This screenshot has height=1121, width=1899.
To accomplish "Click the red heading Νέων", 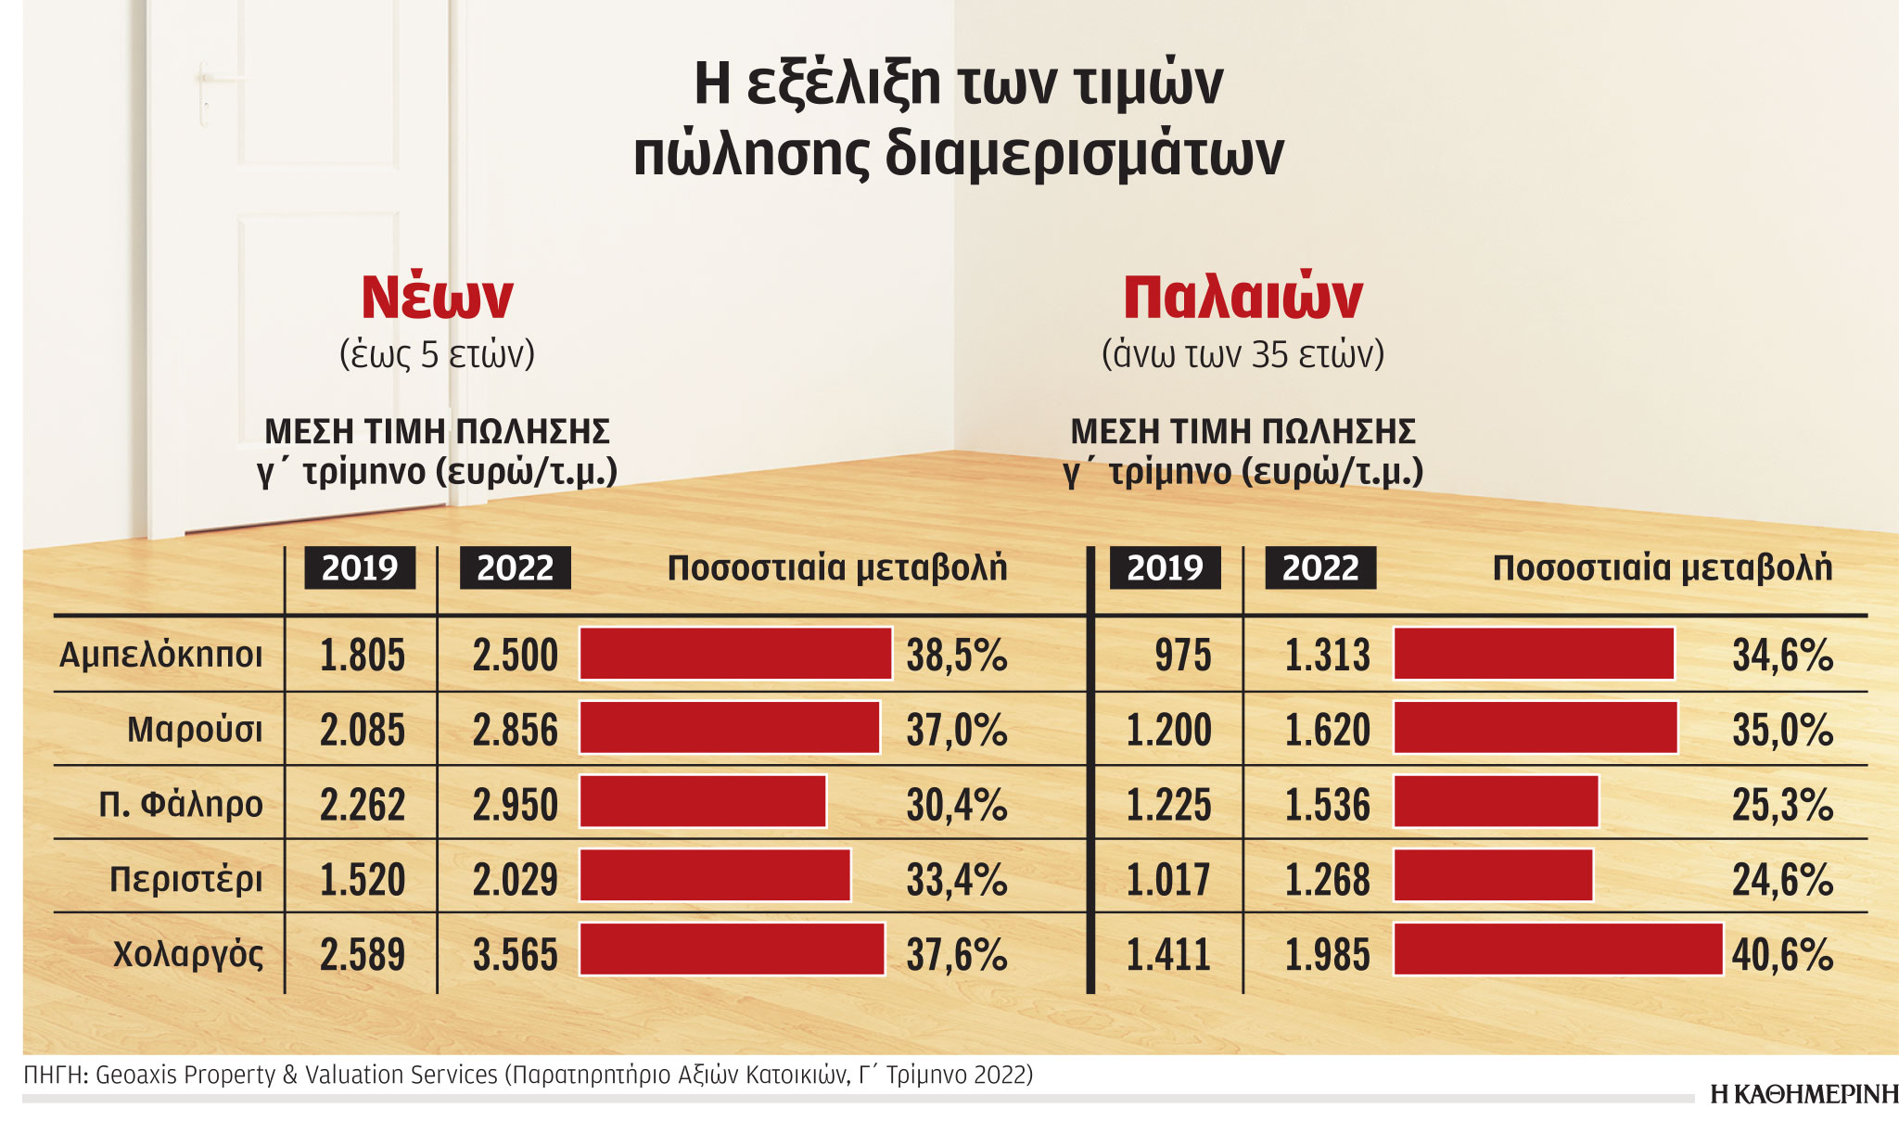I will click(x=437, y=297).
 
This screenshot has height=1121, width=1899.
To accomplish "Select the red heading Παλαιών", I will click(x=1243, y=297).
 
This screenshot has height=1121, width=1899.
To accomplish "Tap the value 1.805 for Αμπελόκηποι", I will click(x=362, y=656).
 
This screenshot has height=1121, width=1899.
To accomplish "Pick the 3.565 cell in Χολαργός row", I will click(x=515, y=955).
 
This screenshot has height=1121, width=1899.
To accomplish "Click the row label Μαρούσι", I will click(x=195, y=730).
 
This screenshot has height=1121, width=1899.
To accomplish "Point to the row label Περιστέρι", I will click(x=185, y=879).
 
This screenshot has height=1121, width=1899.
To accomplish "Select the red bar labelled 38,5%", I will click(x=735, y=654).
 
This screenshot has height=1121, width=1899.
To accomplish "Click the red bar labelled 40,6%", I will click(x=1558, y=949).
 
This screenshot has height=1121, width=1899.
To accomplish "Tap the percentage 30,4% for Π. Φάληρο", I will click(x=956, y=805).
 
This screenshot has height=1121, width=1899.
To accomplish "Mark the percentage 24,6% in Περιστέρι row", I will click(x=1782, y=879).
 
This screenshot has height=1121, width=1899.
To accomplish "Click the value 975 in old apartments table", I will click(x=1182, y=656).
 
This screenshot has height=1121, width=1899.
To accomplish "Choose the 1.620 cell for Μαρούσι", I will click(x=1327, y=730).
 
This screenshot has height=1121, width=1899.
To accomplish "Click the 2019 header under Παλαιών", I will click(x=1165, y=567).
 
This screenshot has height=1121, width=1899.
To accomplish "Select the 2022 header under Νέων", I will click(x=515, y=567).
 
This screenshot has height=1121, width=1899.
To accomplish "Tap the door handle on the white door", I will click(x=205, y=93).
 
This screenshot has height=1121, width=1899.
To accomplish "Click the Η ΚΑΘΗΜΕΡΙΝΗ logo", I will click(x=1803, y=1094).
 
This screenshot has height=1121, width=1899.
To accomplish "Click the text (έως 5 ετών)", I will click(x=437, y=354).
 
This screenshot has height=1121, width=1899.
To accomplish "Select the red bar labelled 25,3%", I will click(x=1496, y=802).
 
